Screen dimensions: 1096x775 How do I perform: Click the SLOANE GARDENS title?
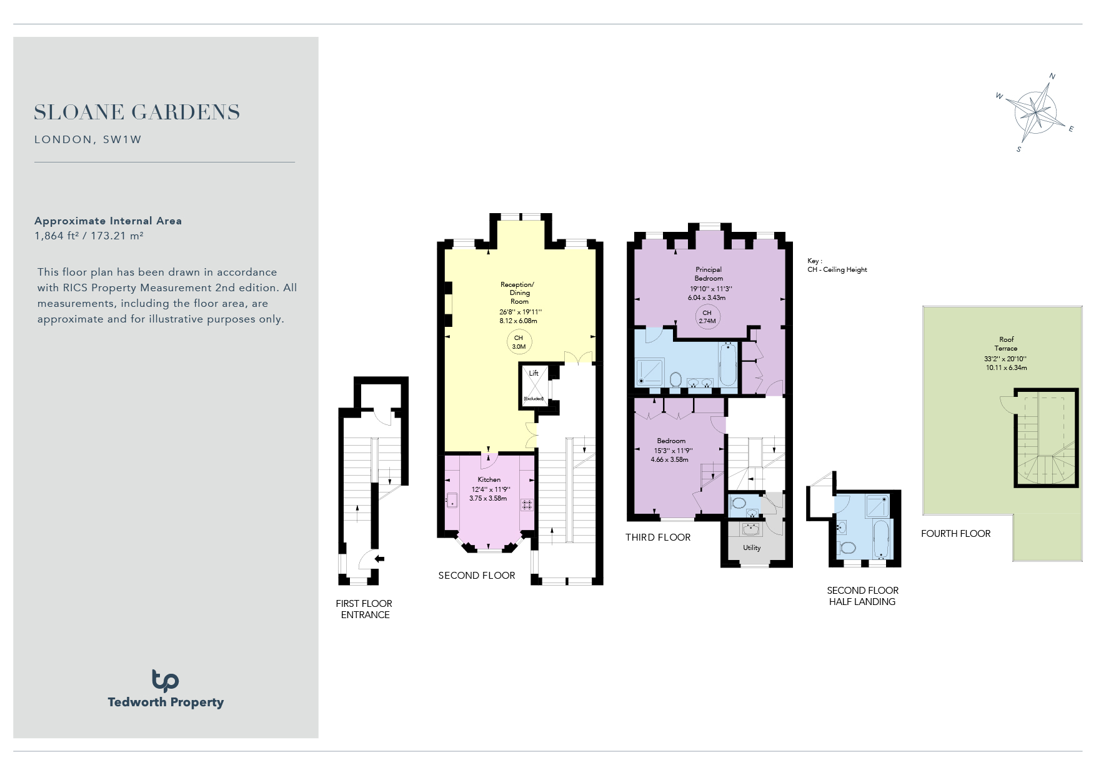(x=137, y=112)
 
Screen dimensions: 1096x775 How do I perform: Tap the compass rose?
(x=1036, y=113)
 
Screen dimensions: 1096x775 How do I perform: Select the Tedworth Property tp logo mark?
(x=165, y=681)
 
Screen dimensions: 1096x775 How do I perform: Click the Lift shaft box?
(x=534, y=386)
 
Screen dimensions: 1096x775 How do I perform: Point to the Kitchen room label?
(x=489, y=479)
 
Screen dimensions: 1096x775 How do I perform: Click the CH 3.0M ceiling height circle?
(x=519, y=342)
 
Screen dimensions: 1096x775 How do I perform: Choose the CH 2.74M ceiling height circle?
(x=707, y=317)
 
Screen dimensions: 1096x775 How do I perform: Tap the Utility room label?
(x=752, y=547)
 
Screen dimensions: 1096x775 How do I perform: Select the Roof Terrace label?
(x=1006, y=344)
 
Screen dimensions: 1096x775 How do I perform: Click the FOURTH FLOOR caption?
(x=956, y=534)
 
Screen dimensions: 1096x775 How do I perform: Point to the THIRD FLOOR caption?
(x=658, y=537)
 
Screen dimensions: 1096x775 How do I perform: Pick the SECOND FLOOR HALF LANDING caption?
(x=862, y=596)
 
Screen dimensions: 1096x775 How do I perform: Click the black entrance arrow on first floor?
(x=379, y=559)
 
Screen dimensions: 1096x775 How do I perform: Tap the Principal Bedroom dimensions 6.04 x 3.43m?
(x=707, y=297)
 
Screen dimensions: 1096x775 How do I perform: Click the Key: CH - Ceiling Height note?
(x=837, y=265)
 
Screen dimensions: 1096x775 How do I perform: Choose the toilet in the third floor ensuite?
(x=675, y=379)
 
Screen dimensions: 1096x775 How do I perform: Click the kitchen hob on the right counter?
(x=527, y=504)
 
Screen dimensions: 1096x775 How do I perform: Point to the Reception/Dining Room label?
(x=518, y=292)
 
